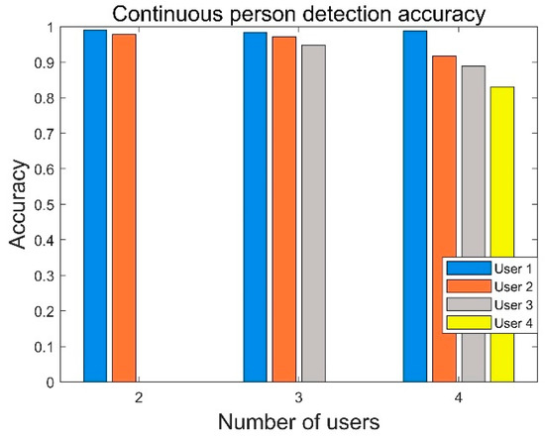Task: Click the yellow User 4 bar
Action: click(501, 367)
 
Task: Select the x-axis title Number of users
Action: click(298, 422)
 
